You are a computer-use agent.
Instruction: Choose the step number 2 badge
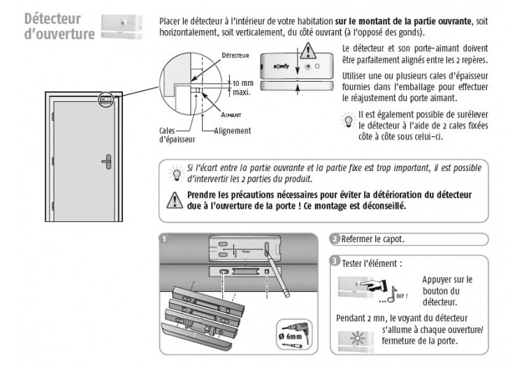(x=336, y=240)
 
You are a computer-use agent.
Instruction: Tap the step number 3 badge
(x=336, y=262)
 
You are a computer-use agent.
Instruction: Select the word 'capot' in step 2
(x=392, y=240)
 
